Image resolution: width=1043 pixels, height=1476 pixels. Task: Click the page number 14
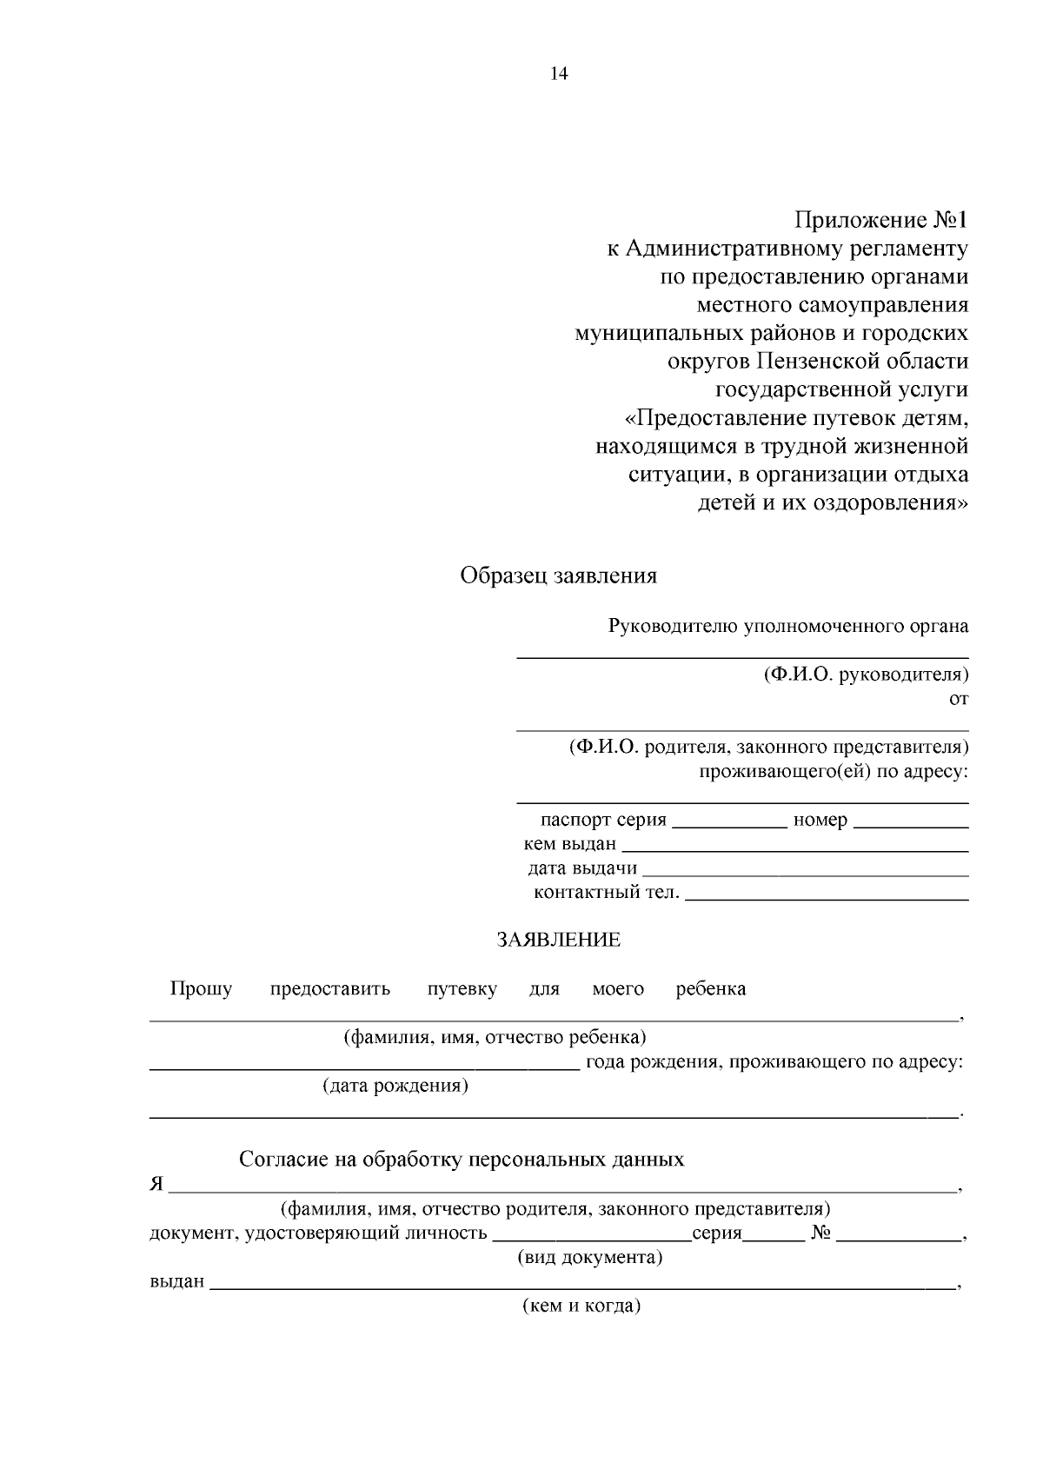558,75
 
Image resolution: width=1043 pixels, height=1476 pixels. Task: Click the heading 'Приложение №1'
880,220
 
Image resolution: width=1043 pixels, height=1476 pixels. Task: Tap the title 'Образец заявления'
558,575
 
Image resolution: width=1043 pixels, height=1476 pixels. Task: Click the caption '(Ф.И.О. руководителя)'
866,675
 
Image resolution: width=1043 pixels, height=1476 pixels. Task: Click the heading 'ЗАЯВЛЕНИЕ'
558,940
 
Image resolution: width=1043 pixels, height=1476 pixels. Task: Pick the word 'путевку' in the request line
462,989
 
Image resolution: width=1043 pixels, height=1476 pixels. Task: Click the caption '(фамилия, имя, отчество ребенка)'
495,1037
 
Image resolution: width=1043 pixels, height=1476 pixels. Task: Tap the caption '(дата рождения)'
395,1086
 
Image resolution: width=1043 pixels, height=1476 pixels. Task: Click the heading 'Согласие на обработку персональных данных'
462,1160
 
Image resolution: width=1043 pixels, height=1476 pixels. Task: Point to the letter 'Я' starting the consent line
156,1185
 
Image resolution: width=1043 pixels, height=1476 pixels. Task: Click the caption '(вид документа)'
589,1257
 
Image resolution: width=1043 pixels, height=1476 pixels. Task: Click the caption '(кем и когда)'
581,1306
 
